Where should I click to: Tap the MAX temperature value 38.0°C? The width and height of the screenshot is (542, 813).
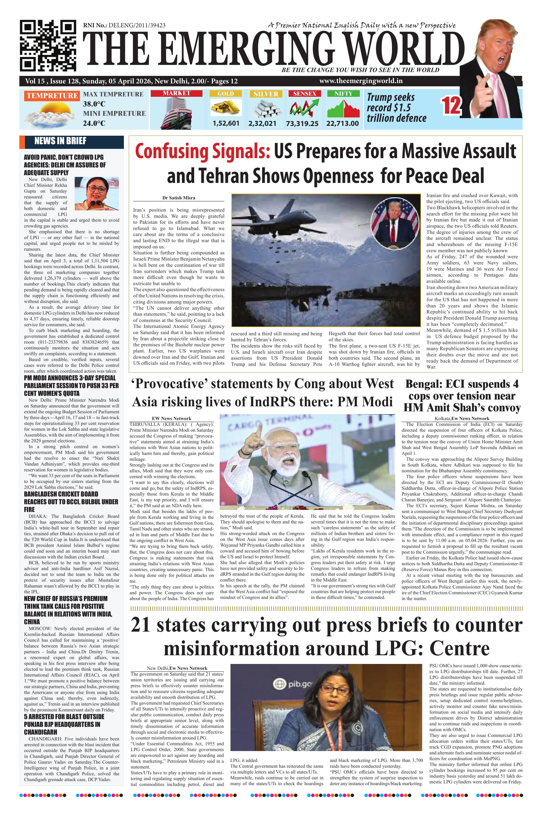coord(94,104)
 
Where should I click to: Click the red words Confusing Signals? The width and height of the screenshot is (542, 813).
coord(202,151)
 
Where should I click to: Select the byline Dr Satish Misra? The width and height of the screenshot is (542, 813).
coord(179,198)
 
